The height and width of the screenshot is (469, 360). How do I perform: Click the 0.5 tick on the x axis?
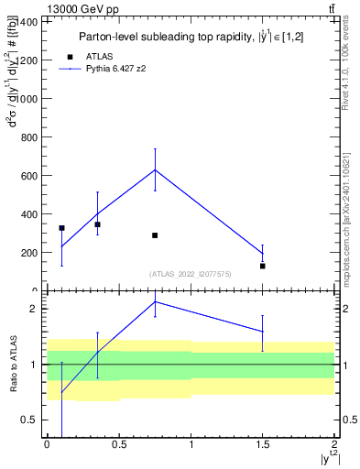[118, 444]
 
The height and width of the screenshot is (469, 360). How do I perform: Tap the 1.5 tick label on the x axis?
[263, 444]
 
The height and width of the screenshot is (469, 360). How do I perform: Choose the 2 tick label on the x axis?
[335, 444]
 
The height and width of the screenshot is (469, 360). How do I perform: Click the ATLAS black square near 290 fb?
[155, 235]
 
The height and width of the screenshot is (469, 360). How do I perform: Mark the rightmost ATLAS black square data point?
[263, 266]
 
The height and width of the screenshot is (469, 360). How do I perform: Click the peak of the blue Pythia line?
[155, 169]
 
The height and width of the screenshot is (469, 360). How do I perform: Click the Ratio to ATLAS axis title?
[12, 364]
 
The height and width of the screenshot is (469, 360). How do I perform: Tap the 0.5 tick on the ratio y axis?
[32, 420]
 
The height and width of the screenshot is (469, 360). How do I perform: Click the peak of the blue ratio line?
[155, 301]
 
